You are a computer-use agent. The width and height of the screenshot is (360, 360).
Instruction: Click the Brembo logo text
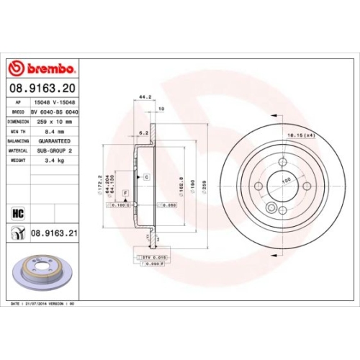tap(48, 69)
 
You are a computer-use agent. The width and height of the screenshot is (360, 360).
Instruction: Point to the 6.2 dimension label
tap(143, 132)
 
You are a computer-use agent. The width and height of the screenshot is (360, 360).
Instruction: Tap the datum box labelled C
tap(146, 176)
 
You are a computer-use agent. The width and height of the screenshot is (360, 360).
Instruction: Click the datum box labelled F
tap(125, 194)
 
